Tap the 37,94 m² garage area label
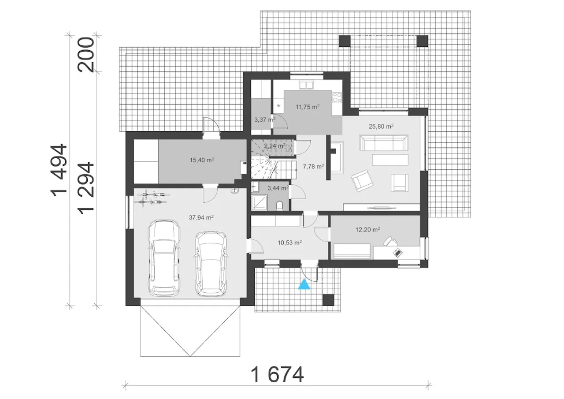[201, 217]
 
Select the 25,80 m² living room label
[381, 126]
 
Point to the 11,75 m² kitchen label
[308, 107]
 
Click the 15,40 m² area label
[202, 160]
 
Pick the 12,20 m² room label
[367, 229]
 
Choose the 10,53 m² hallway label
[289, 242]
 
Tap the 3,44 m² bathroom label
[278, 188]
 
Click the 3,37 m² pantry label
[265, 119]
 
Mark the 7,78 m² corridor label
[313, 167]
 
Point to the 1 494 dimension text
[59, 170]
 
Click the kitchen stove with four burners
[337, 97]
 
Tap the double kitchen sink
[306, 85]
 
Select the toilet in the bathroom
[279, 205]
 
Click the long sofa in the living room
[384, 142]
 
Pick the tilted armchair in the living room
[362, 181]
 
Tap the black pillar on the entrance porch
[328, 300]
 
